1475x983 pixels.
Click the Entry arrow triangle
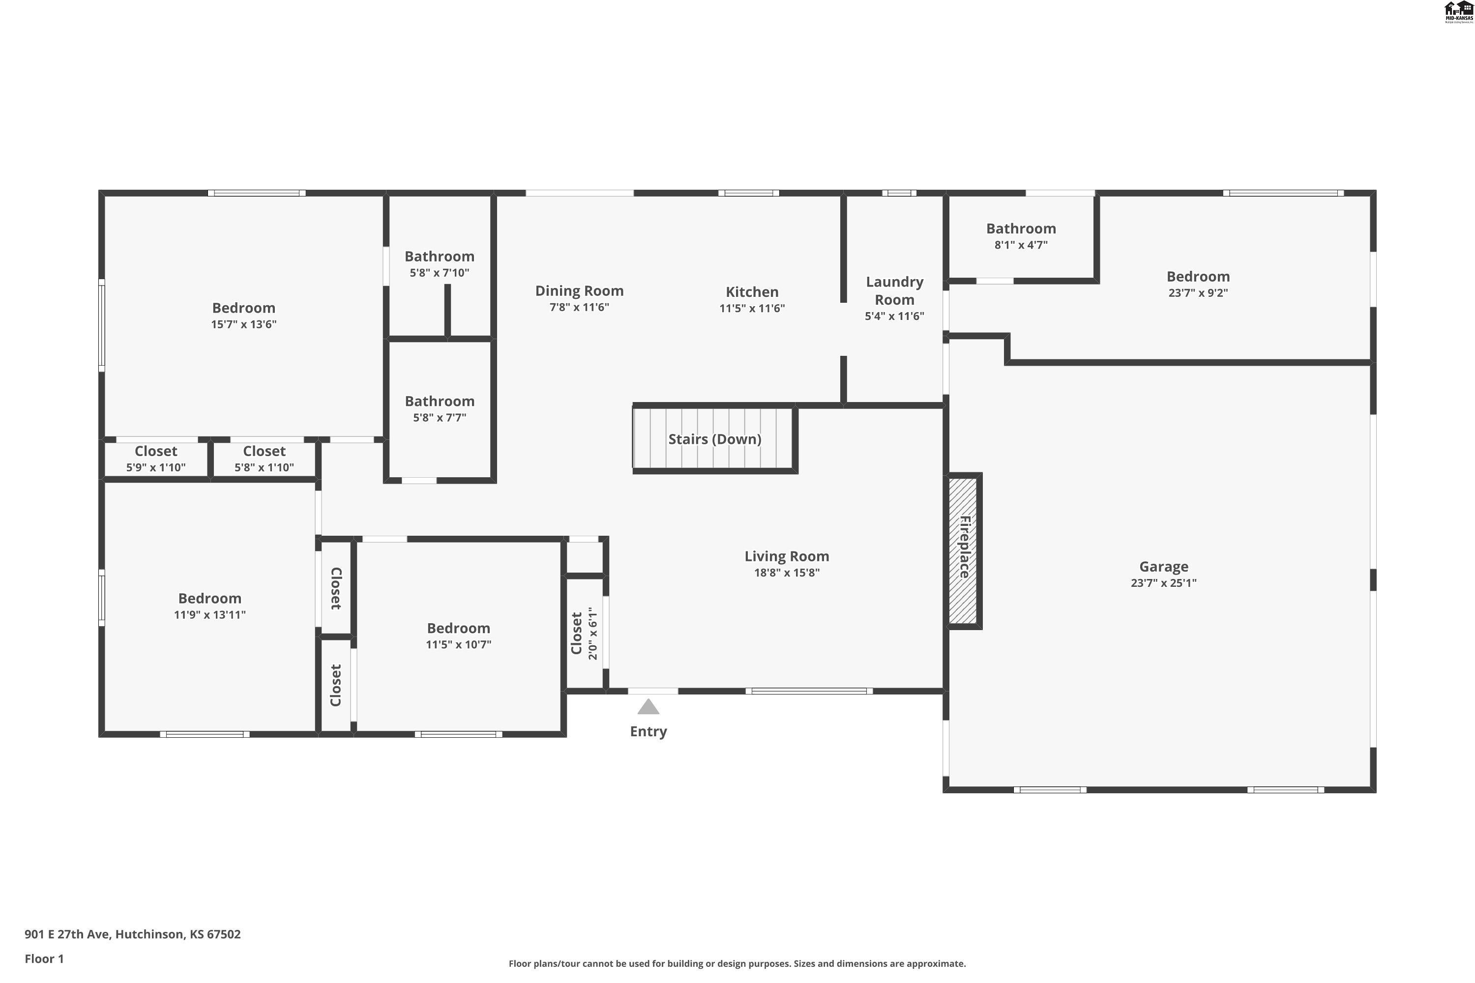[648, 707]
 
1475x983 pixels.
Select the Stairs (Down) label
[714, 439]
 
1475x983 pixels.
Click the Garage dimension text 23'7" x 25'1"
[1163, 583]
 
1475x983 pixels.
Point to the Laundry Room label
[894, 290]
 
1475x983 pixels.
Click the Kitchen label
[752, 291]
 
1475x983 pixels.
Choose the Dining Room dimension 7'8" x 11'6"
[579, 307]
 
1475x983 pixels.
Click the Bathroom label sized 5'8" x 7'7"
[439, 401]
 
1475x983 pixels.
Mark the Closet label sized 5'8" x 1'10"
[264, 451]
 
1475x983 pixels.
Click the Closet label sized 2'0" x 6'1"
[576, 633]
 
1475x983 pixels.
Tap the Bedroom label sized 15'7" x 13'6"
[243, 307]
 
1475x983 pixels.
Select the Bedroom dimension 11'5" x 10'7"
[458, 644]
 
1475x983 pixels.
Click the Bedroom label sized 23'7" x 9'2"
[1197, 276]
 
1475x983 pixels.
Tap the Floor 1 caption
[44, 958]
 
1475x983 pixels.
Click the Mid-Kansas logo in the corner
[1459, 12]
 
